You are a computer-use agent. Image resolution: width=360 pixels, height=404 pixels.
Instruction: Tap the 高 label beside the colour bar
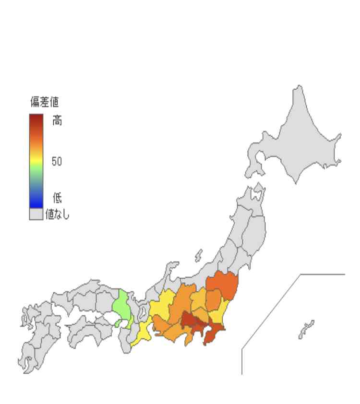(57, 121)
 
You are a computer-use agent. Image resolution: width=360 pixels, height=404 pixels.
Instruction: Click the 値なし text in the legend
(58, 214)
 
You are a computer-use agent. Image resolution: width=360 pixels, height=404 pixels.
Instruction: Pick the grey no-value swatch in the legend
(36, 214)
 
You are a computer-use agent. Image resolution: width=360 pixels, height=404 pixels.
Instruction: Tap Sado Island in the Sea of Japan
(198, 257)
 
